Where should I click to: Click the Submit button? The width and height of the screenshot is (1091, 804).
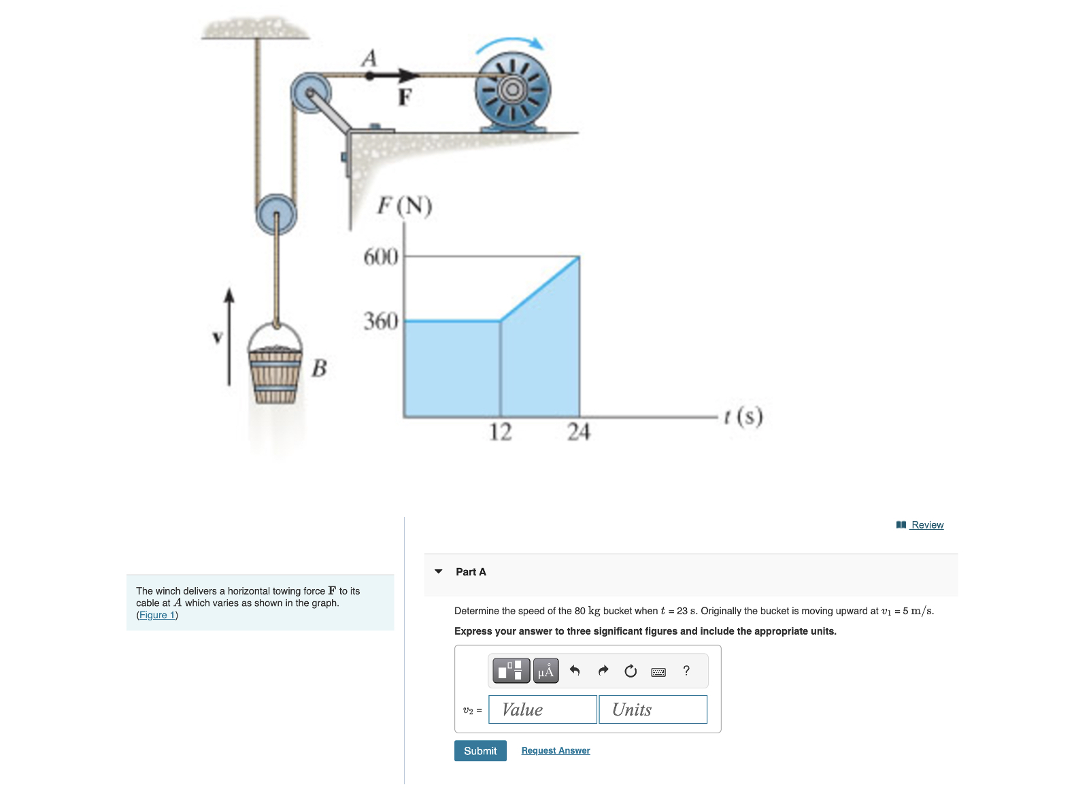coord(480,750)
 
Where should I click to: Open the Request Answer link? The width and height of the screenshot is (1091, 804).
coord(555,750)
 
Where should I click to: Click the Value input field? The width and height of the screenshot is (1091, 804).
coord(543,709)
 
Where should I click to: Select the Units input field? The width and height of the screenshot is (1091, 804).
coord(653,709)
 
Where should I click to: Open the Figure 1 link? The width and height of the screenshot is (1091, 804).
coord(157,615)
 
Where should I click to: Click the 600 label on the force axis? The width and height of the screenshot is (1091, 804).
coord(381,256)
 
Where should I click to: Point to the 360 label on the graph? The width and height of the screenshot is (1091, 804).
coord(381,322)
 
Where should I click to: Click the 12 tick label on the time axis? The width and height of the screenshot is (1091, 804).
coord(500,432)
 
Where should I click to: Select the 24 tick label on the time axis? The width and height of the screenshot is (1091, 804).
coord(579,432)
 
